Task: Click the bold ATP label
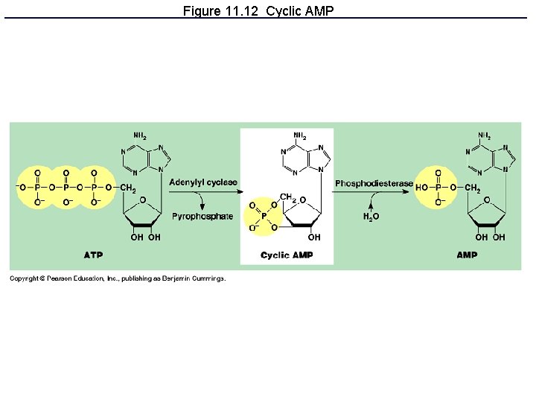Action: pos(93,255)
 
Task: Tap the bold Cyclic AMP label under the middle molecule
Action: pos(287,255)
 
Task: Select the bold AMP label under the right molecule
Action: pos(467,255)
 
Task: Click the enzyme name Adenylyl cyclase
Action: pos(203,182)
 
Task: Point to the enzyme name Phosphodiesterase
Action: pos(374,183)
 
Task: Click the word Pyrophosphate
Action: pos(202,217)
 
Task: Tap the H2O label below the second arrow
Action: pos(370,217)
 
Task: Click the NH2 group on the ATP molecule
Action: pos(140,136)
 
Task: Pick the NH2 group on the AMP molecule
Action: pos(485,136)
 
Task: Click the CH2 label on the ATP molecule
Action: pos(127,188)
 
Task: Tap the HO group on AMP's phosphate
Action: pos(422,188)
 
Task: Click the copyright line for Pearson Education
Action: pos(117,279)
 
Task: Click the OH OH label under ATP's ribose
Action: pos(145,237)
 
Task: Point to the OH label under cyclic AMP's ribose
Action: pos(314,237)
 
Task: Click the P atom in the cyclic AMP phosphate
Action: pos(261,217)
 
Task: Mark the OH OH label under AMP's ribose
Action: pos(490,237)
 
